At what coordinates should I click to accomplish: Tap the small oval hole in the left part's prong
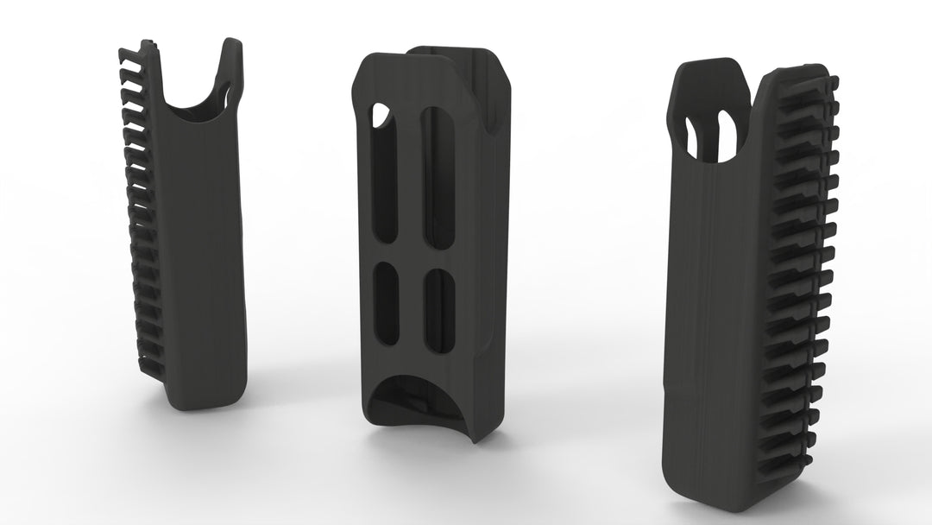[226, 92]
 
